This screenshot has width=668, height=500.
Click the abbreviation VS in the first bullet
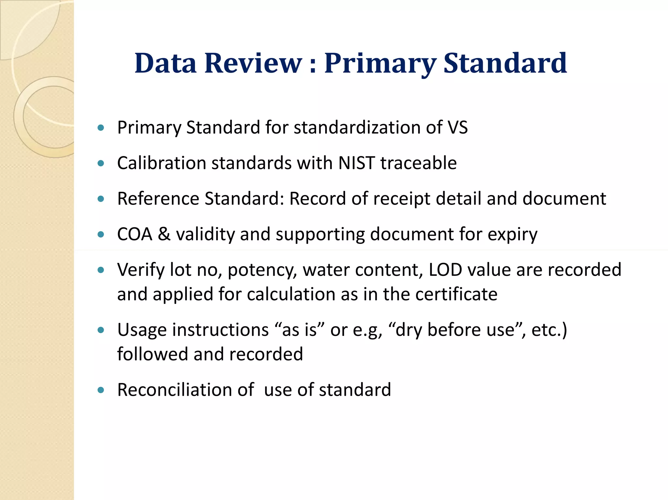pyautogui.click(x=458, y=127)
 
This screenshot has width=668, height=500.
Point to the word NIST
pyautogui.click(x=357, y=163)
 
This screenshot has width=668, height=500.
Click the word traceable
pyautogui.click(x=418, y=163)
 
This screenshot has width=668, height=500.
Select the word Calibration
pyautogui.click(x=161, y=163)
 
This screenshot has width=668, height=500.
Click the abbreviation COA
pyautogui.click(x=135, y=234)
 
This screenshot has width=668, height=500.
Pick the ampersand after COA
pyautogui.click(x=164, y=234)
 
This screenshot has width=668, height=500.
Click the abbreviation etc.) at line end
pyautogui.click(x=549, y=330)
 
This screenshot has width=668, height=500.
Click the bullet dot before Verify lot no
pyautogui.click(x=101, y=270)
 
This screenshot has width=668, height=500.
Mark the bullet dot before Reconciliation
pyautogui.click(x=101, y=390)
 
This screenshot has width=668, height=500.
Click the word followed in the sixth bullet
pyautogui.click(x=153, y=354)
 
